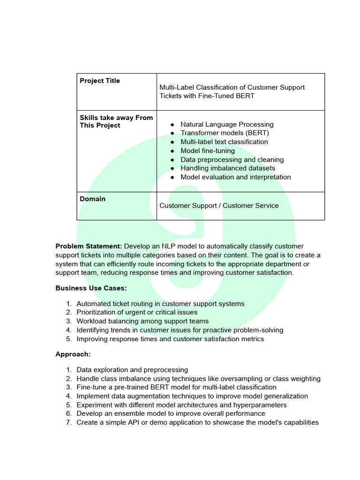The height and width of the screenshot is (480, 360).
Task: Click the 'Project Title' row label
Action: tap(99, 81)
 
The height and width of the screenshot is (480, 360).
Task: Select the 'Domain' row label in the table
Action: tap(92, 199)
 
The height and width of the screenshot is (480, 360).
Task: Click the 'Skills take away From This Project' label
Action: tap(116, 121)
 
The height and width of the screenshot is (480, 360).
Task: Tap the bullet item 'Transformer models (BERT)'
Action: tap(225, 133)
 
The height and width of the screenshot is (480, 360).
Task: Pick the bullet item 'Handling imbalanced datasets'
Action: tap(228, 168)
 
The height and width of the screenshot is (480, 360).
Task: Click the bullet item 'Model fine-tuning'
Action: tap(208, 150)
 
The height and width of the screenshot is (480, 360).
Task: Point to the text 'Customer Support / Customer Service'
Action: tap(219, 205)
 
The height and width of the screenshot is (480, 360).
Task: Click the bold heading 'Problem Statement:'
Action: tap(89, 246)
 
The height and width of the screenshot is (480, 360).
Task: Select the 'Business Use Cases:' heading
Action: tap(91, 288)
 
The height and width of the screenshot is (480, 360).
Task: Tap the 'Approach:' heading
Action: tap(73, 354)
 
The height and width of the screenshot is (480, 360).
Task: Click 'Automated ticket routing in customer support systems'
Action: tap(160, 304)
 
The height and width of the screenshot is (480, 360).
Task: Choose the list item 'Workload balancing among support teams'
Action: tap(142, 321)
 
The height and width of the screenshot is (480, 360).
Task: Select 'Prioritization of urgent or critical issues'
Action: tap(137, 312)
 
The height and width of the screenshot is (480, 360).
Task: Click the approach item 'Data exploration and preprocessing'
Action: tap(132, 370)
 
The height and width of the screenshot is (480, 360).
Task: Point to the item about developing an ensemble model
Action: tap(171, 413)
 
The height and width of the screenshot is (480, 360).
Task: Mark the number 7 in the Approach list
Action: tap(68, 422)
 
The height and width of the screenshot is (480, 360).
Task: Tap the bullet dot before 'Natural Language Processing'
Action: tap(172, 125)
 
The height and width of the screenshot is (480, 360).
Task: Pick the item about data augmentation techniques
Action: tap(192, 396)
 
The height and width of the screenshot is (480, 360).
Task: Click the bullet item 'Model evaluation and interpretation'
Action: tap(235, 177)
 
